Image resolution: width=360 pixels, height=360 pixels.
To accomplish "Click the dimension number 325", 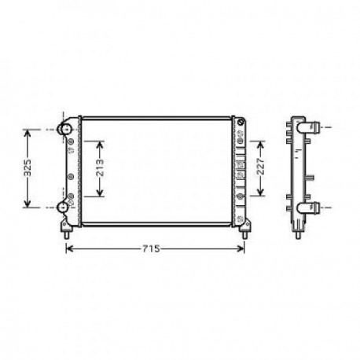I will (x=28, y=167).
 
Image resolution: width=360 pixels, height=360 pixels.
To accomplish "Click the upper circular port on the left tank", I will (x=66, y=128).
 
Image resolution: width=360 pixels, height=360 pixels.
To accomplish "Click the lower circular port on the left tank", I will (x=66, y=208).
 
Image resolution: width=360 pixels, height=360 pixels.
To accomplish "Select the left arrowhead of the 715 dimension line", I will (x=68, y=250).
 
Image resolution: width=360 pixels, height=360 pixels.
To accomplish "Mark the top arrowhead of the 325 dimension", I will (x=28, y=131).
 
